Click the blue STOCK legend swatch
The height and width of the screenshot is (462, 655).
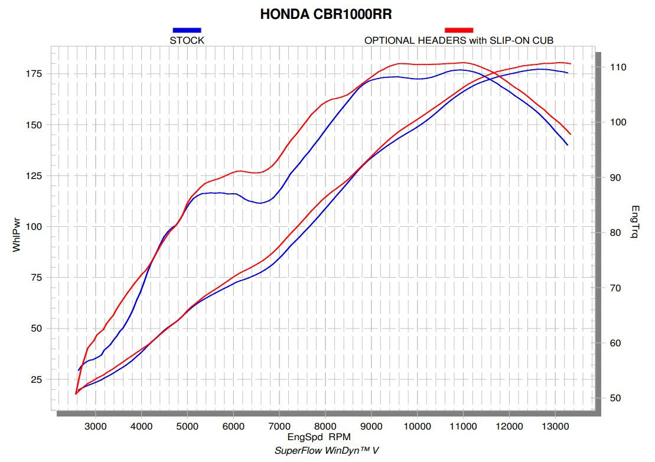(x=187, y=30)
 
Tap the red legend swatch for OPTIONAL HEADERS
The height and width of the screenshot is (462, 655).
(x=459, y=30)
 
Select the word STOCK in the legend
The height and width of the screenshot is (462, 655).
(x=187, y=40)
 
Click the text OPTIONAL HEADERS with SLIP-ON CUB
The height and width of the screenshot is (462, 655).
(x=459, y=40)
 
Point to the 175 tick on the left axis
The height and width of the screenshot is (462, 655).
(x=33, y=73)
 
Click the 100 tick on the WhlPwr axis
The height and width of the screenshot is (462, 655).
(x=33, y=227)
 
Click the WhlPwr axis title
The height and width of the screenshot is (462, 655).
(x=17, y=237)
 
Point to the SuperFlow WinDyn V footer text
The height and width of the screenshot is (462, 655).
(x=327, y=450)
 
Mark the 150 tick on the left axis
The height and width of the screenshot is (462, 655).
(x=33, y=125)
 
